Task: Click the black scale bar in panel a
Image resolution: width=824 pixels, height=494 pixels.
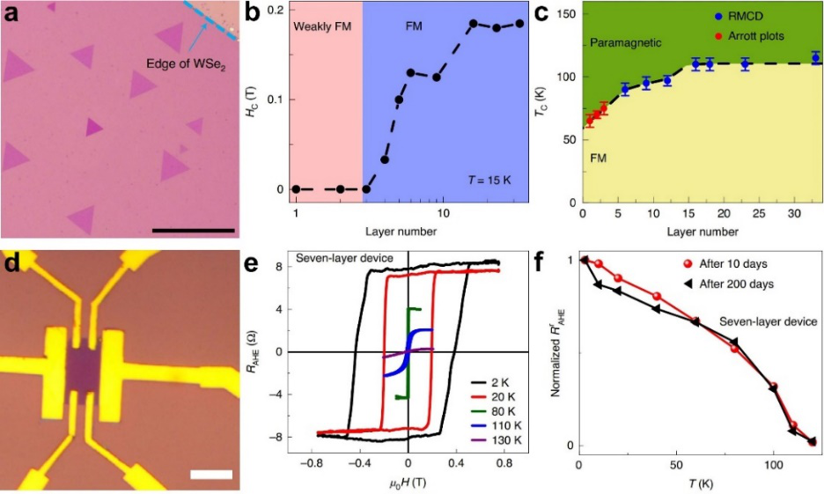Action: [193, 230]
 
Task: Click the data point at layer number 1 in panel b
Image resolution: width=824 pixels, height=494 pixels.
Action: [297, 189]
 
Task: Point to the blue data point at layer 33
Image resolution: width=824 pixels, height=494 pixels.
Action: [815, 58]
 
